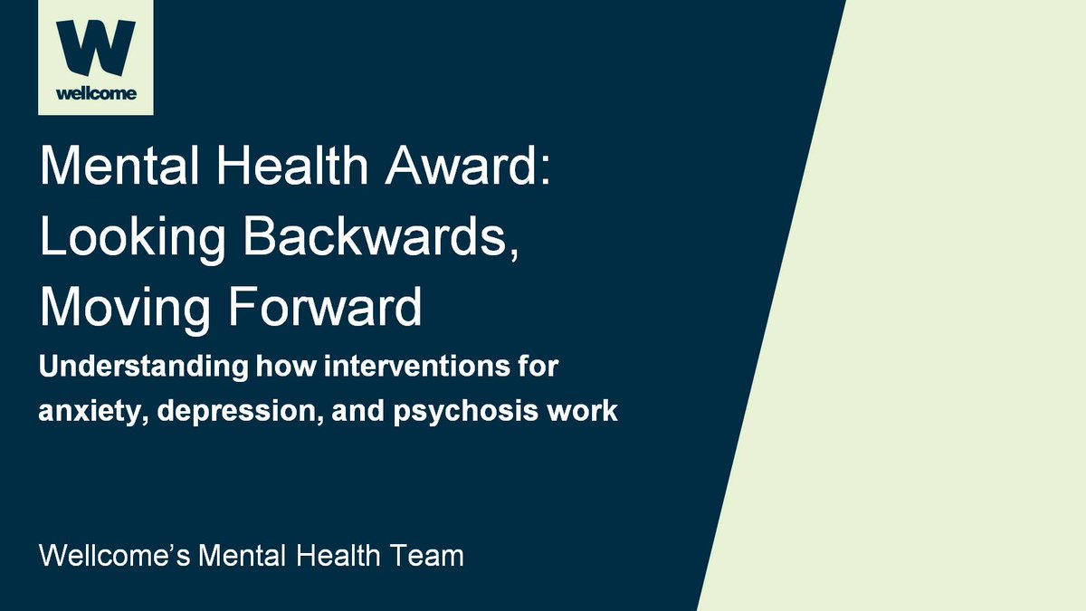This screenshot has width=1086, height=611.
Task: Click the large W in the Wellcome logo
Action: pyautogui.click(x=95, y=51)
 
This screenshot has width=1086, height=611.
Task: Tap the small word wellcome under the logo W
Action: pyautogui.click(x=95, y=93)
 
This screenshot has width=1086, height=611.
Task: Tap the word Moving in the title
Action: pyautogui.click(x=117, y=309)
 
